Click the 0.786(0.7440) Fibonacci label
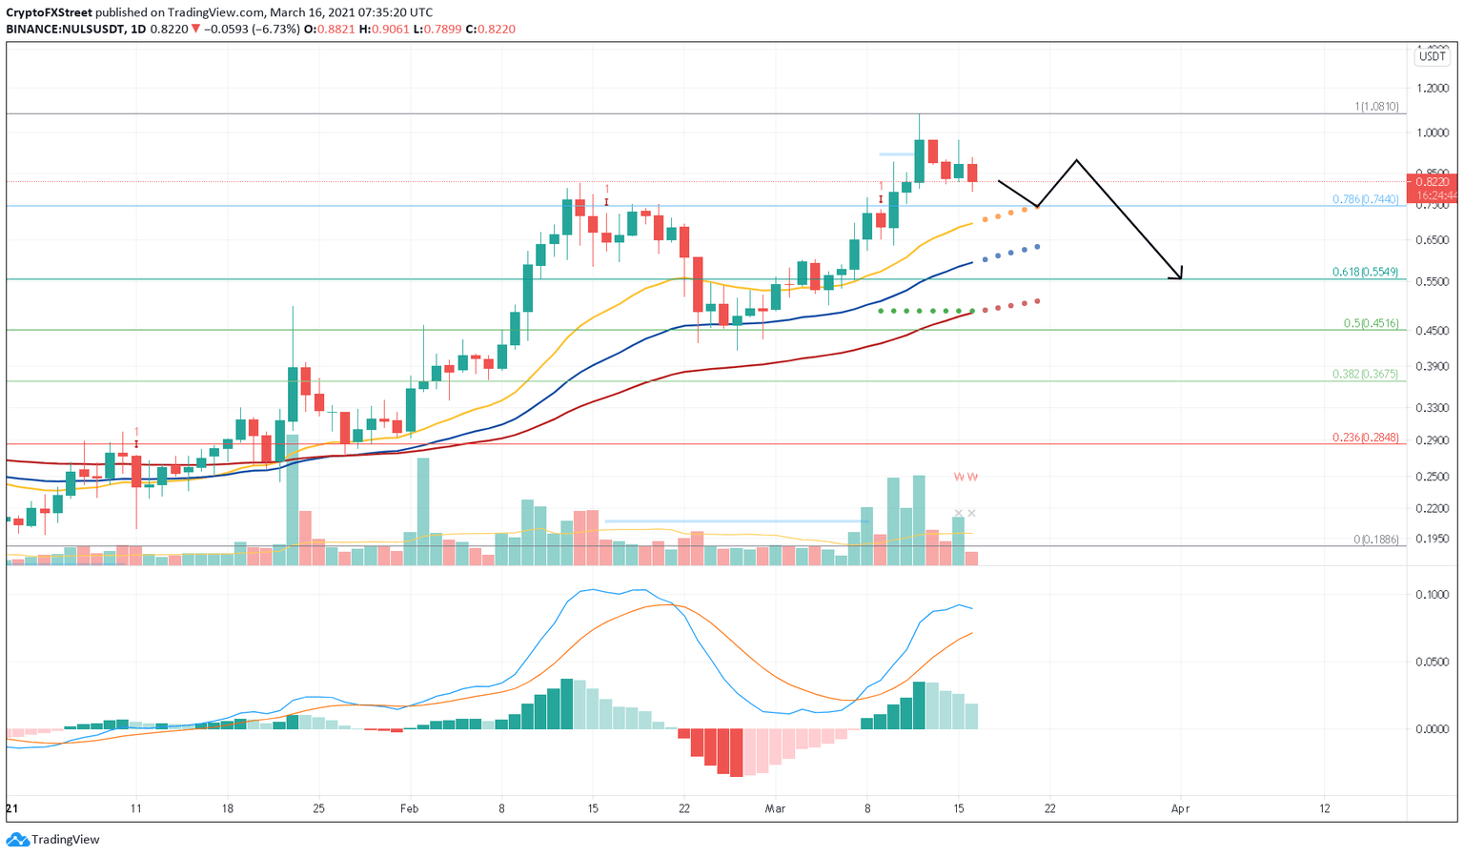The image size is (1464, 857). pos(1365,199)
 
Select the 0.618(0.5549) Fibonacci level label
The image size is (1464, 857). pos(1365,272)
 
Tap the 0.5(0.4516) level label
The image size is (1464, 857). pos(1371,323)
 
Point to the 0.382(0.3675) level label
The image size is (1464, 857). pos(1365,374)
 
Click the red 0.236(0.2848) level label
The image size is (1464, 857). pos(1365,438)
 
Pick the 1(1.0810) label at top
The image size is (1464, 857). pos(1376,107)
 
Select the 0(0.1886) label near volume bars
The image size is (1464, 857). pos(1375,540)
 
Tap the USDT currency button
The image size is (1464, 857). pos(1432,56)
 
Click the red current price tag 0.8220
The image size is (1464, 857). pos(1432,181)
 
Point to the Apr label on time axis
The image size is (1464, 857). pos(1180,808)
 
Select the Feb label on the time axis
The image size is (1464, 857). pos(409,808)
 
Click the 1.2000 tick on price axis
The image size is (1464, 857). pos(1433,88)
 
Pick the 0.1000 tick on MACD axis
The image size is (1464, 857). pos(1433,595)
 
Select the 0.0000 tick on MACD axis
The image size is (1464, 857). pos(1433,729)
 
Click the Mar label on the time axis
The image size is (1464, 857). pos(775,808)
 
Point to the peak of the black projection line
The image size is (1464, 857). pos(1076,160)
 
